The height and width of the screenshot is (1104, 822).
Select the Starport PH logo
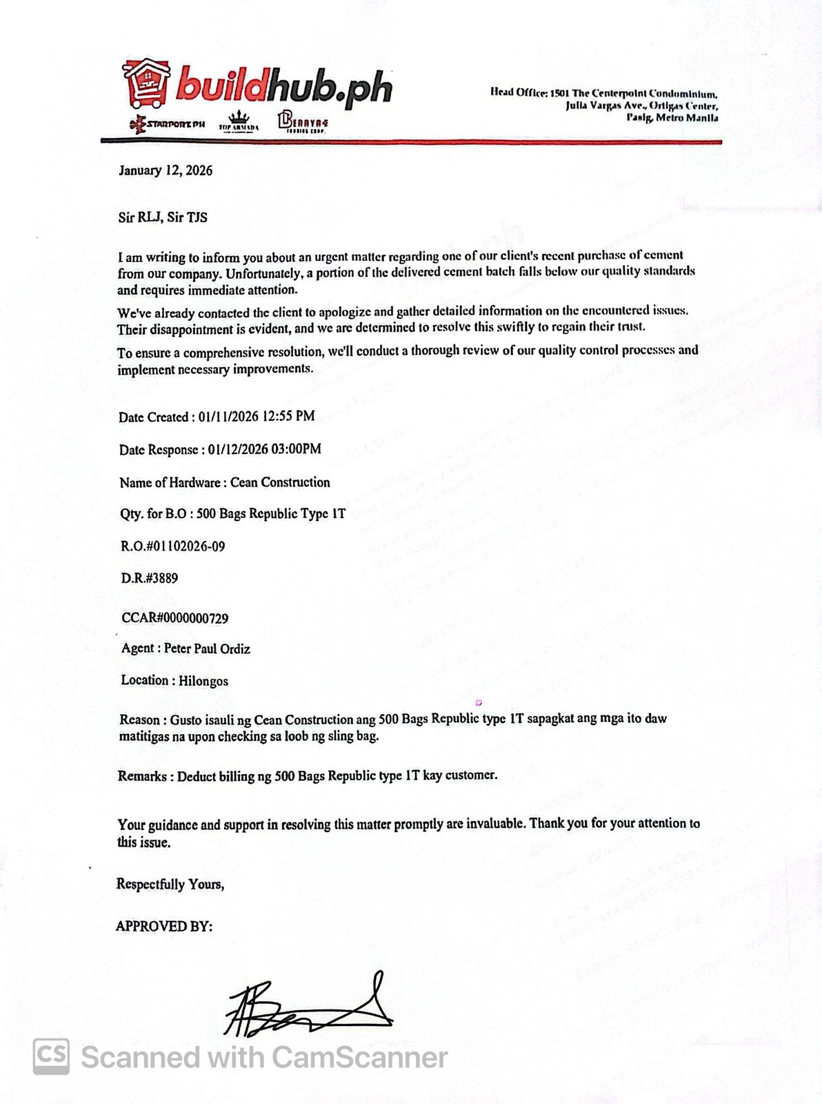167,124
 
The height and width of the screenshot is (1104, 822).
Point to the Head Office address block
604,105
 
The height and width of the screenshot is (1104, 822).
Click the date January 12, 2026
166,170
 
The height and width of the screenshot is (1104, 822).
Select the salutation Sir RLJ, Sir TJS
163,217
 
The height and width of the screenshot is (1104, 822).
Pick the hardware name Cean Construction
280,482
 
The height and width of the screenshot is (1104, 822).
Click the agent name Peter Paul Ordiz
207,649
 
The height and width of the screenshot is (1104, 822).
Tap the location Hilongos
203,681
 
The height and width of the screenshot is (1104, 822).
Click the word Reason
139,719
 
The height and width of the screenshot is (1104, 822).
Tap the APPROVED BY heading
164,927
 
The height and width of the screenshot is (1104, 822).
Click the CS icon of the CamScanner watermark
52,1056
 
